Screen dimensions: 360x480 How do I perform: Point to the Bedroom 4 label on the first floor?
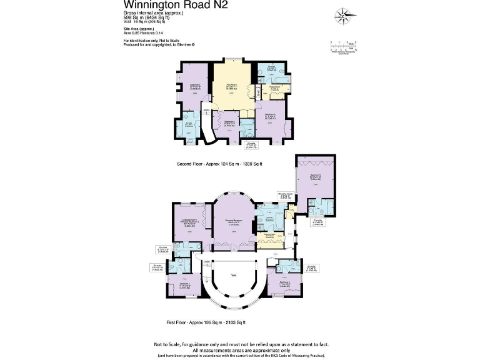tap(284, 282)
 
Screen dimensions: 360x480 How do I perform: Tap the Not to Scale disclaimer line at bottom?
tap(240, 344)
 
